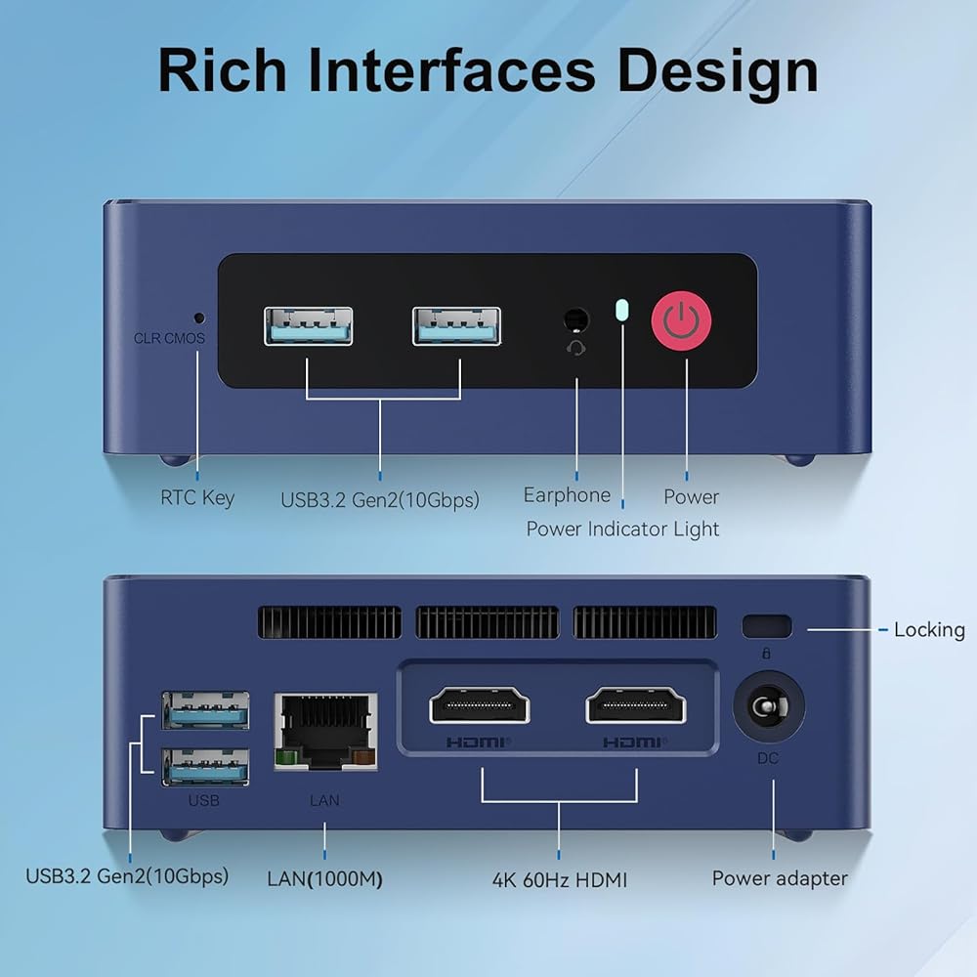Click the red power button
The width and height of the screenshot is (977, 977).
[681, 319]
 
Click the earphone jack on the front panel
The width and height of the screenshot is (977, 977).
[576, 319]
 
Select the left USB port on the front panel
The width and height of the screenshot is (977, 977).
[308, 326]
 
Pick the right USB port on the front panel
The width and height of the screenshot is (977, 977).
[456, 326]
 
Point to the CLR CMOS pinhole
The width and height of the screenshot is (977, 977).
[199, 318]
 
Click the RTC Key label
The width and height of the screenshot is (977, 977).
[197, 497]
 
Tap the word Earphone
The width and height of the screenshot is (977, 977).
[567, 494]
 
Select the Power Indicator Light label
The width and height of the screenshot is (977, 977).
[622, 529]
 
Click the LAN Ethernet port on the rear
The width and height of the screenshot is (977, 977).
[325, 730]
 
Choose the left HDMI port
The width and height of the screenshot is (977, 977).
[480, 705]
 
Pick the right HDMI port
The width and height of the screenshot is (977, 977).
[635, 705]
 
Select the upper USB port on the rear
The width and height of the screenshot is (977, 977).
[205, 710]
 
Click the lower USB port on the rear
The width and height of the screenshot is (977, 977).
[205, 766]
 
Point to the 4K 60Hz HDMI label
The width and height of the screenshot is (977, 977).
[559, 879]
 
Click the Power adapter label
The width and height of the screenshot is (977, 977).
[780, 878]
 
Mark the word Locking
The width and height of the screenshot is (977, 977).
[929, 629]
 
